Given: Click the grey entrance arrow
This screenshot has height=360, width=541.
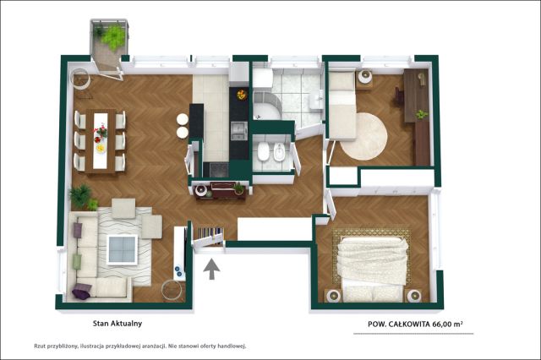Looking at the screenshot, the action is pos(211,270).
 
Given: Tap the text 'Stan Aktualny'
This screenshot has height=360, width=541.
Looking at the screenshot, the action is pos(117,324).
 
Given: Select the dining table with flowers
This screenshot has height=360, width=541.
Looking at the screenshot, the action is pos(101,141).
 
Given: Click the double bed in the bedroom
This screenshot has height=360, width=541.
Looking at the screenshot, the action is pos(372,268).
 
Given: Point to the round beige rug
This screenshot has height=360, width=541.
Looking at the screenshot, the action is pos(364,137).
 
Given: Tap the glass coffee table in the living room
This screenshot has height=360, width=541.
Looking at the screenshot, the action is pos(123,249).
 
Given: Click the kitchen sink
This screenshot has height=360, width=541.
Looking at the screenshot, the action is pos(238,131).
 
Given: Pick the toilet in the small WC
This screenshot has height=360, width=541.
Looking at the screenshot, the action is pos(264,151).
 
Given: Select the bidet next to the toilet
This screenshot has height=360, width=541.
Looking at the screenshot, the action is pos(279,152).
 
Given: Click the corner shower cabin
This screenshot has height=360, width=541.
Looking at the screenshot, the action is pos(267,106).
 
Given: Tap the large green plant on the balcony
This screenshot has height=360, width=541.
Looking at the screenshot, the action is pos(113,37).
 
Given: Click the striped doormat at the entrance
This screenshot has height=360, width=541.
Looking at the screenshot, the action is pos(210,235).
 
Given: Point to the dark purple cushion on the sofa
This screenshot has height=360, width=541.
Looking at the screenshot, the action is pos(81,291).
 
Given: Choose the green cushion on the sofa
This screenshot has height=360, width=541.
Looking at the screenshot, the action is pos(77,261).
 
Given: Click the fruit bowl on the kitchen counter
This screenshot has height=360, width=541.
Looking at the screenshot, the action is pos(241,94).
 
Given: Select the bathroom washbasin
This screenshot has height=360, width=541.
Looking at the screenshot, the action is pos(316,100).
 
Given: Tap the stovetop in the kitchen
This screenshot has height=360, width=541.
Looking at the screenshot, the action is pos(219,170).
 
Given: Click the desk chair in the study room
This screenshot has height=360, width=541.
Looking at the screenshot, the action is pos(399,95).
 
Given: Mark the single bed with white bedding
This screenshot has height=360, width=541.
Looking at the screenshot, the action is pos(342,105).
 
